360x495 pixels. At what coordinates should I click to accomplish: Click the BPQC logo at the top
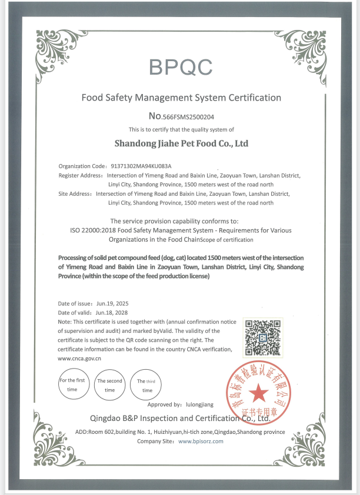pyautogui.click(x=181, y=67)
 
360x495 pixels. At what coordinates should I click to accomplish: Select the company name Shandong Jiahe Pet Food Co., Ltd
pyautogui.click(x=181, y=143)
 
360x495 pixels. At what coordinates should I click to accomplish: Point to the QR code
pyautogui.click(x=262, y=337)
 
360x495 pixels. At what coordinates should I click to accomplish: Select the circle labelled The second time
pyautogui.click(x=110, y=385)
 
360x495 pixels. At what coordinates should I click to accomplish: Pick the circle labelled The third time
pyautogui.click(x=146, y=385)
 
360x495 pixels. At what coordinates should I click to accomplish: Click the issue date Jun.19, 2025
pyautogui.click(x=112, y=303)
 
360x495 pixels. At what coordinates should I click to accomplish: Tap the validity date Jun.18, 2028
pyautogui.click(x=111, y=312)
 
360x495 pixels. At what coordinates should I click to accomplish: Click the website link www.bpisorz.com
pyautogui.click(x=201, y=441)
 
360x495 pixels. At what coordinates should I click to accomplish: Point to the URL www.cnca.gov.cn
pyautogui.click(x=80, y=357)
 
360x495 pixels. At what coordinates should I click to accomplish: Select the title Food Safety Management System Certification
pyautogui.click(x=181, y=97)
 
